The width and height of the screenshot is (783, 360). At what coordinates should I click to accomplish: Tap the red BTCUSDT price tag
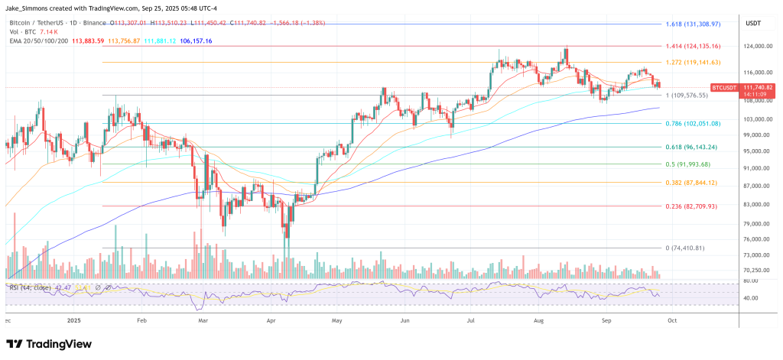tap(724, 88)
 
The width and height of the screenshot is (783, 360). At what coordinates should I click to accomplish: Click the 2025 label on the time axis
tap(74, 321)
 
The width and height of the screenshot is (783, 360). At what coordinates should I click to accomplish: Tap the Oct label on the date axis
tap(672, 321)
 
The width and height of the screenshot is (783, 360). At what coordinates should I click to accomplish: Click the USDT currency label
tap(754, 22)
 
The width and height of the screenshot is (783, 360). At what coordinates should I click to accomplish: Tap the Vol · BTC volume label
tap(21, 31)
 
